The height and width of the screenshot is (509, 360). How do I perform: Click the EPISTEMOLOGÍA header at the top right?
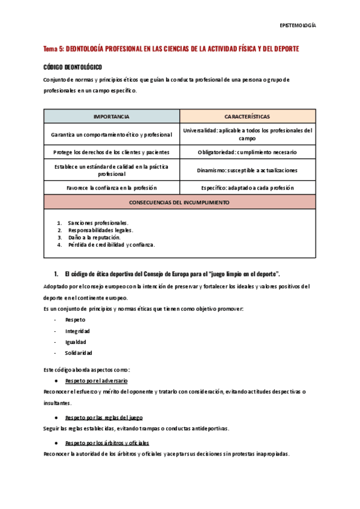pyautogui.click(x=298, y=26)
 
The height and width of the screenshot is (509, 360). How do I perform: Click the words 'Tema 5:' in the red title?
pyautogui.click(x=53, y=49)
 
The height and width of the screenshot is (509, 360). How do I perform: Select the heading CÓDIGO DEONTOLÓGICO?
pyautogui.click(x=73, y=67)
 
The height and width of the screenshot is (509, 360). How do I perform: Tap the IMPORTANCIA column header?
pyautogui.click(x=112, y=116)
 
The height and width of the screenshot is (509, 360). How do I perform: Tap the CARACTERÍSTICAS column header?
pyautogui.click(x=247, y=116)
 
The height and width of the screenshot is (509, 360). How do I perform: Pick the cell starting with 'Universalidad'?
pyautogui.click(x=247, y=134)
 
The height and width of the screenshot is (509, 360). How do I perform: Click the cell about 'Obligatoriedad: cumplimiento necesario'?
pyautogui.click(x=247, y=152)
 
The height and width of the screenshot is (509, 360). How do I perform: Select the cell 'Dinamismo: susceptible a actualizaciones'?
pyautogui.click(x=247, y=170)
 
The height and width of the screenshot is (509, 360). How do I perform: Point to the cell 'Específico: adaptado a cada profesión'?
pyautogui.click(x=247, y=188)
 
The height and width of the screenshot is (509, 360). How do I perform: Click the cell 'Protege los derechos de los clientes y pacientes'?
pyautogui.click(x=112, y=152)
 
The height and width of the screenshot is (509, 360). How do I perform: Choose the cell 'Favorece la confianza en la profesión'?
pyautogui.click(x=112, y=188)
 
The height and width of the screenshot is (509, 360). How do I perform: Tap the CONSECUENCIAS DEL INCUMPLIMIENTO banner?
pyautogui.click(x=179, y=203)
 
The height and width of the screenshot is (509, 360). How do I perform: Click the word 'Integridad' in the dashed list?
pyautogui.click(x=78, y=331)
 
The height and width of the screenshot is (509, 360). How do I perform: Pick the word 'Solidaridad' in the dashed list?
pyautogui.click(x=79, y=352)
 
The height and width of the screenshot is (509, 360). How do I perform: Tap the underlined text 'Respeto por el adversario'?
pyautogui.click(x=96, y=381)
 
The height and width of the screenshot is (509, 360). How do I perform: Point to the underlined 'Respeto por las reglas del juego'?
pyautogui.click(x=104, y=417)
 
